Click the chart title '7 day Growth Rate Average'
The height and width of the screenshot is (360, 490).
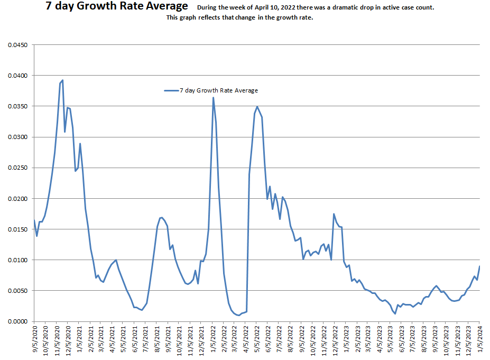click(x=117, y=6)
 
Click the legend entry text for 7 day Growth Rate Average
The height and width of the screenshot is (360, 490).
click(x=219, y=90)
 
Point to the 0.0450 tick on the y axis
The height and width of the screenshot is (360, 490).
click(x=17, y=45)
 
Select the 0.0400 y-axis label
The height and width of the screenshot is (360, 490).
click(x=17, y=76)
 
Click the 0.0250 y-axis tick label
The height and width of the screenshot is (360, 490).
click(x=17, y=168)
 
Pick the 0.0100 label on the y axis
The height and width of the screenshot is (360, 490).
click(x=17, y=260)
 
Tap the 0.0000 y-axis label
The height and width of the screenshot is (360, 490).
click(x=17, y=321)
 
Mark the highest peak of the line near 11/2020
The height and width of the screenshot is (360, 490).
click(x=62, y=80)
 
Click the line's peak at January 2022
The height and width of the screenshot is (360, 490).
click(x=213, y=97)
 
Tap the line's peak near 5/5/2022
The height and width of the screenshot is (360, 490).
click(x=257, y=107)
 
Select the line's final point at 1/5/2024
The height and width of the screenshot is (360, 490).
click(x=479, y=266)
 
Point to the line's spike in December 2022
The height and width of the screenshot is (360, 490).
click(x=334, y=214)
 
